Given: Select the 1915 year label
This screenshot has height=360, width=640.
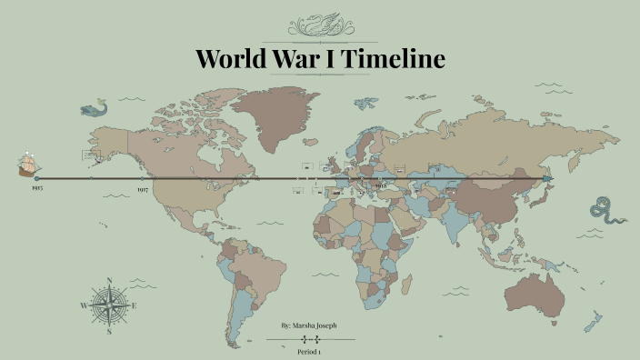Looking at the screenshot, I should coord(36,188).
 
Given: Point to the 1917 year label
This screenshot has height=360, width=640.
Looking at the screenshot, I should coord(143,189).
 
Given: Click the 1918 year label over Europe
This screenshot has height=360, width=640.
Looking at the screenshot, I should coord(381,185).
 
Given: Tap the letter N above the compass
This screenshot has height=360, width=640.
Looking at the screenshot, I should coord(109,281).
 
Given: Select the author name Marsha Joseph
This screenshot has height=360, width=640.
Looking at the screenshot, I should coord(315,325).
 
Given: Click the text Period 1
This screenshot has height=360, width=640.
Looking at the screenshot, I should coord(309,351).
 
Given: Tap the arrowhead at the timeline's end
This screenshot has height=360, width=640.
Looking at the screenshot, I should coord(547,179).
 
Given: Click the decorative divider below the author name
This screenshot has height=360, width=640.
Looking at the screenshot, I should coord(310,339).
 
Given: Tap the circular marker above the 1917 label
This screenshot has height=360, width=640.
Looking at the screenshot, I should coord(143,179).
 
